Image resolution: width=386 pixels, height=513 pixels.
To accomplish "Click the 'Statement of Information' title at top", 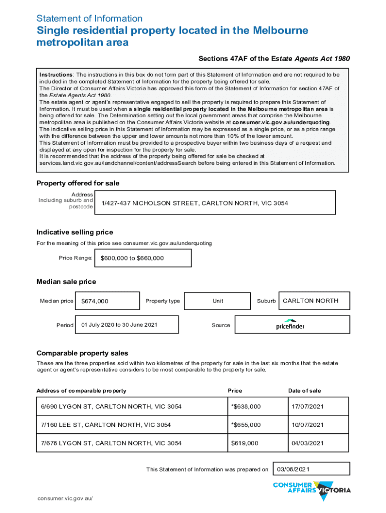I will click(x=89, y=19).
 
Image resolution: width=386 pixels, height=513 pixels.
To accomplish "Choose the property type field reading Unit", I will click(x=218, y=301).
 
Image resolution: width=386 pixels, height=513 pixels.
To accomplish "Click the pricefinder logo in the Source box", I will click(x=290, y=325).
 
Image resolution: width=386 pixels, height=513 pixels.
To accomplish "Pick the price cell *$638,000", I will click(x=246, y=406).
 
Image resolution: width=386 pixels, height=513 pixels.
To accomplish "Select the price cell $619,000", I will click(x=245, y=443).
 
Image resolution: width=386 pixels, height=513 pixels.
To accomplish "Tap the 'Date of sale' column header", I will click(x=304, y=391).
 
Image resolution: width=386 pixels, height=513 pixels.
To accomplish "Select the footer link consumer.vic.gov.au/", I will click(x=65, y=499).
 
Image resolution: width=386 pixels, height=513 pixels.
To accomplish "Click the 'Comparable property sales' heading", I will click(x=82, y=353).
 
